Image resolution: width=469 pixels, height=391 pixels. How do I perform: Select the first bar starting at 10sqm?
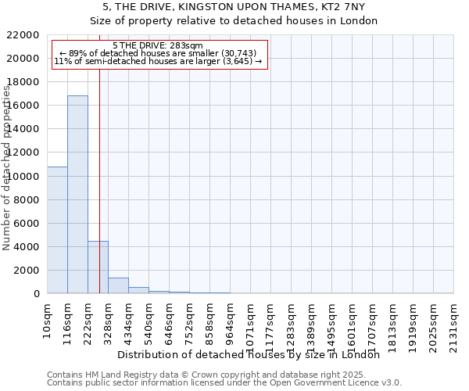tap(57, 230)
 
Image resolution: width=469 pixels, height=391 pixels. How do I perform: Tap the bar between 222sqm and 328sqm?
tap(98, 267)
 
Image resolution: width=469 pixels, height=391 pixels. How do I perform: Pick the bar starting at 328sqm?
tap(118, 285)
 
